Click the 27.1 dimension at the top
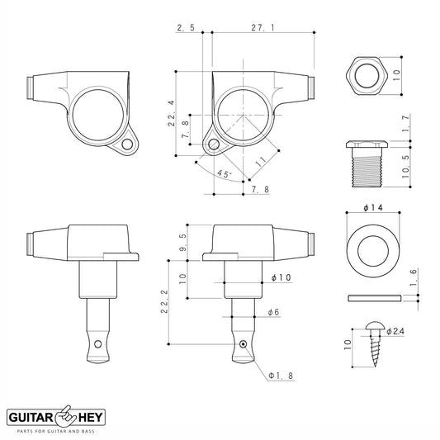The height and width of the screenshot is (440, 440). coord(263,27)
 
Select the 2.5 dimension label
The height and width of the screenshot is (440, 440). coord(186,27)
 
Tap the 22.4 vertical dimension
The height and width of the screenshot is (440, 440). coord(171,113)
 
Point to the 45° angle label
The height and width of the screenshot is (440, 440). coord(225,173)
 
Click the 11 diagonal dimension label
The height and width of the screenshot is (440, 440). coord(261,162)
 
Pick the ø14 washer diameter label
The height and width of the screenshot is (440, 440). coord(373,208)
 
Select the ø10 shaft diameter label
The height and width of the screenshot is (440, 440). coord(282,277)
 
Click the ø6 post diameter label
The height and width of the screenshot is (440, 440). coord(273,312)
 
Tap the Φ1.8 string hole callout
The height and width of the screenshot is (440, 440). coord(281,376)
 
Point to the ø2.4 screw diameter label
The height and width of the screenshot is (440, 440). coord(395,331)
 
